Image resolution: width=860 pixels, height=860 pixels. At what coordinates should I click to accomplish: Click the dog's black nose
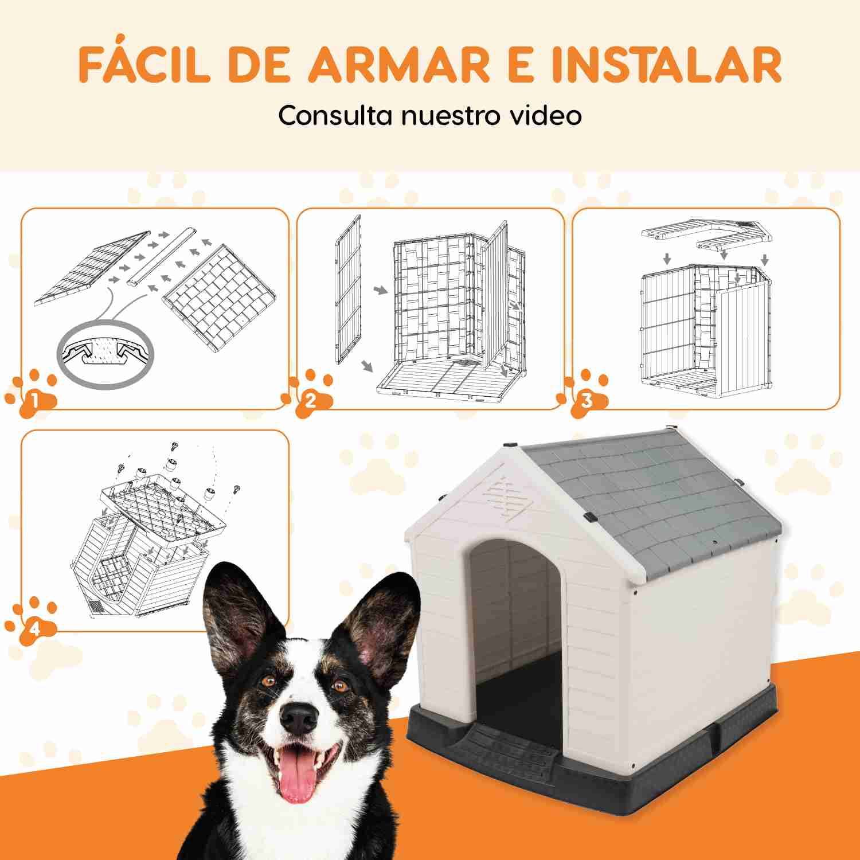tap(300, 716)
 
